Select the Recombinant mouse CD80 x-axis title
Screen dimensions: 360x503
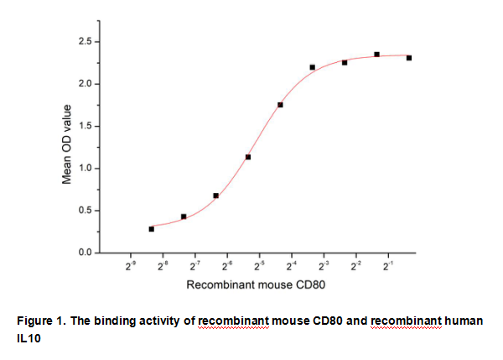click(255, 285)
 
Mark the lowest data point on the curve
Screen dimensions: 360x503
click(152, 228)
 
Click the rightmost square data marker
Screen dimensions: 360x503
click(408, 58)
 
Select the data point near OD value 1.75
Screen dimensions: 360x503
click(280, 105)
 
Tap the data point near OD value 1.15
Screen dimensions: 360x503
click(248, 157)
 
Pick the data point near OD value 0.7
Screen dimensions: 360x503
click(216, 196)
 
